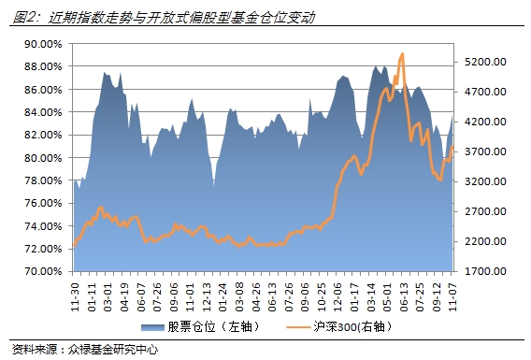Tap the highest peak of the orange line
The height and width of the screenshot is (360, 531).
pos(401,54)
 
